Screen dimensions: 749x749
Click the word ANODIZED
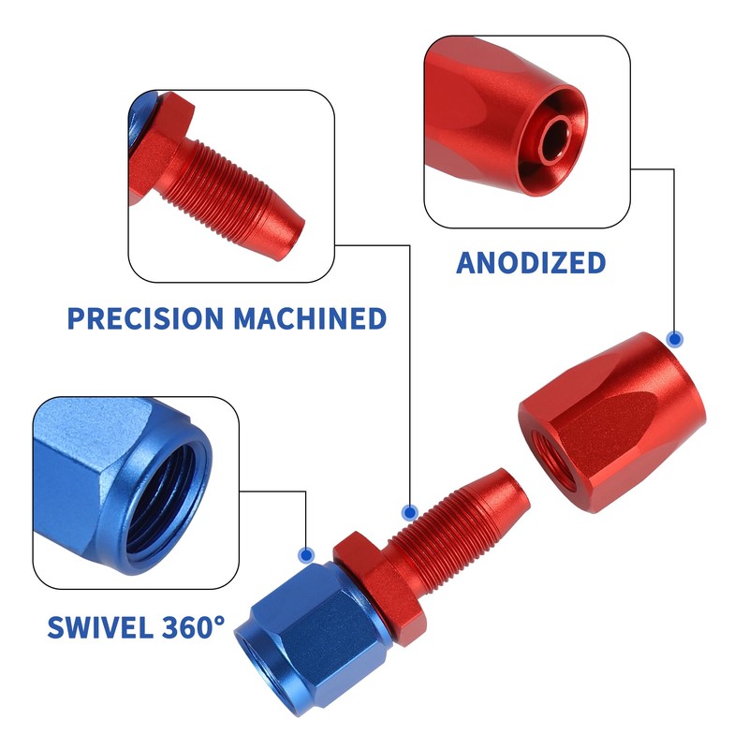pyautogui.click(x=531, y=263)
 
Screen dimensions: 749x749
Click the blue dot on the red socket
pyautogui.click(x=674, y=339)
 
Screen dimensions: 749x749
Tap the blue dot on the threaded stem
pyautogui.click(x=409, y=512)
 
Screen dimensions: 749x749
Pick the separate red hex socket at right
pyautogui.click(x=609, y=421)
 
